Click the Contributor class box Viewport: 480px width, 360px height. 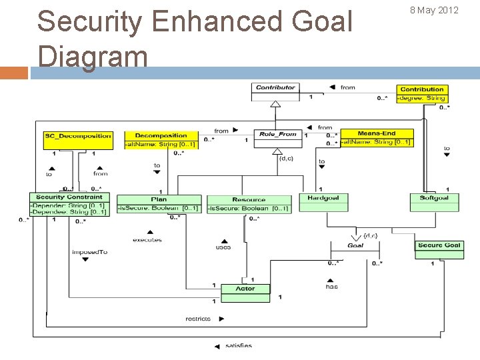(x=275, y=87)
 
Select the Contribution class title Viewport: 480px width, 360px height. (x=422, y=89)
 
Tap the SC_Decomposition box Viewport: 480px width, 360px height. (x=78, y=136)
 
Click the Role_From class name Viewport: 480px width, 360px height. (x=278, y=134)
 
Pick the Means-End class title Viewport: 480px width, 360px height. (x=377, y=133)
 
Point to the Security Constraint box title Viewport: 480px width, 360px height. (x=69, y=197)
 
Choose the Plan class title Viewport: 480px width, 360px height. (x=159, y=199)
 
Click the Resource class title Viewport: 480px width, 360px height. (x=249, y=199)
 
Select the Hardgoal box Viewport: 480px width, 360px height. (x=323, y=198)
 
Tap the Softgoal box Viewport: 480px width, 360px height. (x=434, y=198)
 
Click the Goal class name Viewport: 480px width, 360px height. (x=355, y=245)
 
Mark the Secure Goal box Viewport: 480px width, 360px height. (x=439, y=245)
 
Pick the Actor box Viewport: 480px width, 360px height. (x=245, y=289)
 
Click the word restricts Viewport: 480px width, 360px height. (x=197, y=319)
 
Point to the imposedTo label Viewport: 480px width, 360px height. (x=89, y=252)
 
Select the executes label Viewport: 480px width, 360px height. (x=147, y=240)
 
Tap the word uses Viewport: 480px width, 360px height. (x=223, y=247)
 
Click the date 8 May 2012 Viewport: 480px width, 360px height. (x=434, y=10)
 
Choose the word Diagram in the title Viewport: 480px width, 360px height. (x=93, y=56)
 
